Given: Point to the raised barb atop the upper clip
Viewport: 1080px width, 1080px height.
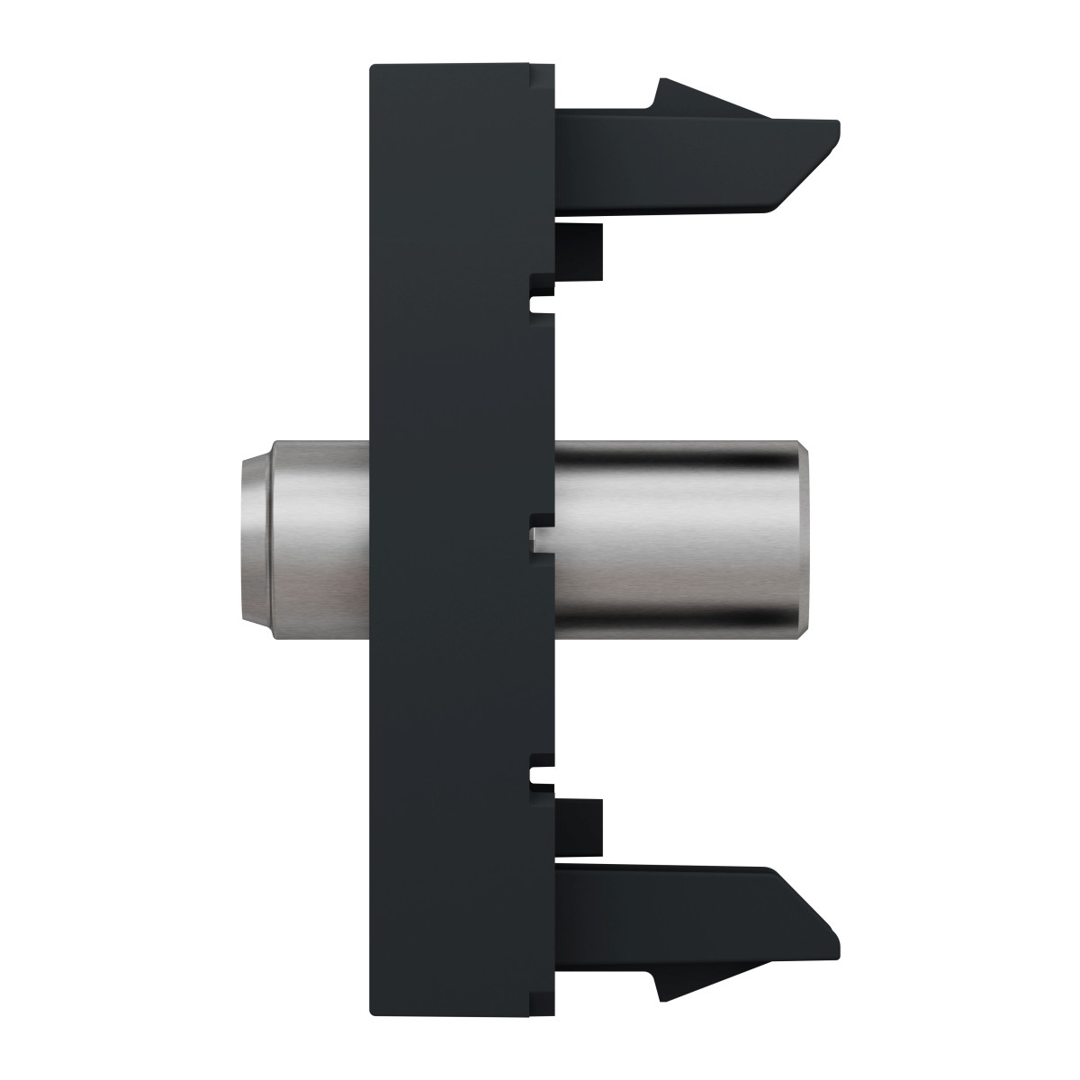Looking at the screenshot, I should pos(684,94).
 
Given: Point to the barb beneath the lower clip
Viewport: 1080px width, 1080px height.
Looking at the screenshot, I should pos(684,985).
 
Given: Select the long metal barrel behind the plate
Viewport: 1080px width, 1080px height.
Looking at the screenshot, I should pos(675,540).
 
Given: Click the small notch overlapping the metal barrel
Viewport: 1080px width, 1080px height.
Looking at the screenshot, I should pos(540,538).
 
